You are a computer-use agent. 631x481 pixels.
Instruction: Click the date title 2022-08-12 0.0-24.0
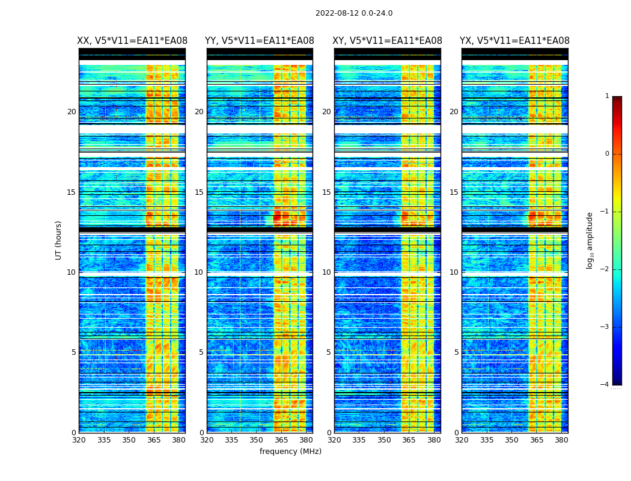354,13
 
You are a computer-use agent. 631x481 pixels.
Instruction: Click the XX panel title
132,41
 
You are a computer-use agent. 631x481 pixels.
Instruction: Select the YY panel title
260,41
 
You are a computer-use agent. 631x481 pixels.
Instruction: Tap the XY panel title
388,41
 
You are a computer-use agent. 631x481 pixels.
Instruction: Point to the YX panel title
514,41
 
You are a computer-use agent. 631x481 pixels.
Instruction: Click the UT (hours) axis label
59,240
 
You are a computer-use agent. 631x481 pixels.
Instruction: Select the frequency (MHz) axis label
290,452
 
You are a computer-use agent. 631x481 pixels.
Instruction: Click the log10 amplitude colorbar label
590,240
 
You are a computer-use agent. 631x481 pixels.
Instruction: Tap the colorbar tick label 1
606,96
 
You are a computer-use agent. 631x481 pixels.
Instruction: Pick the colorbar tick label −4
605,385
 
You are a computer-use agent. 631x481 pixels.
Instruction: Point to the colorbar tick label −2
605,269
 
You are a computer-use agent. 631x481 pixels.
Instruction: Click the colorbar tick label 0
606,154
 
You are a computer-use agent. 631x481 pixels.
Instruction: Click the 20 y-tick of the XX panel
72,112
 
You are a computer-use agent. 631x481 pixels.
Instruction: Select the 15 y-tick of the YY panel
199,192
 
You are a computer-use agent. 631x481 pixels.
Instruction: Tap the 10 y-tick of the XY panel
326,272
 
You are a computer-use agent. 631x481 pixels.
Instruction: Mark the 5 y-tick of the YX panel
456,352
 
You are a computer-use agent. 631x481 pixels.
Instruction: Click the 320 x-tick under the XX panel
79,440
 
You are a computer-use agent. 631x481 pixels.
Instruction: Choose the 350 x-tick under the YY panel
257,440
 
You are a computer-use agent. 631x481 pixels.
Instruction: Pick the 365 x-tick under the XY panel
409,440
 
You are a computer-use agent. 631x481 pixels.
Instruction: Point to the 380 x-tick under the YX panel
561,440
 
